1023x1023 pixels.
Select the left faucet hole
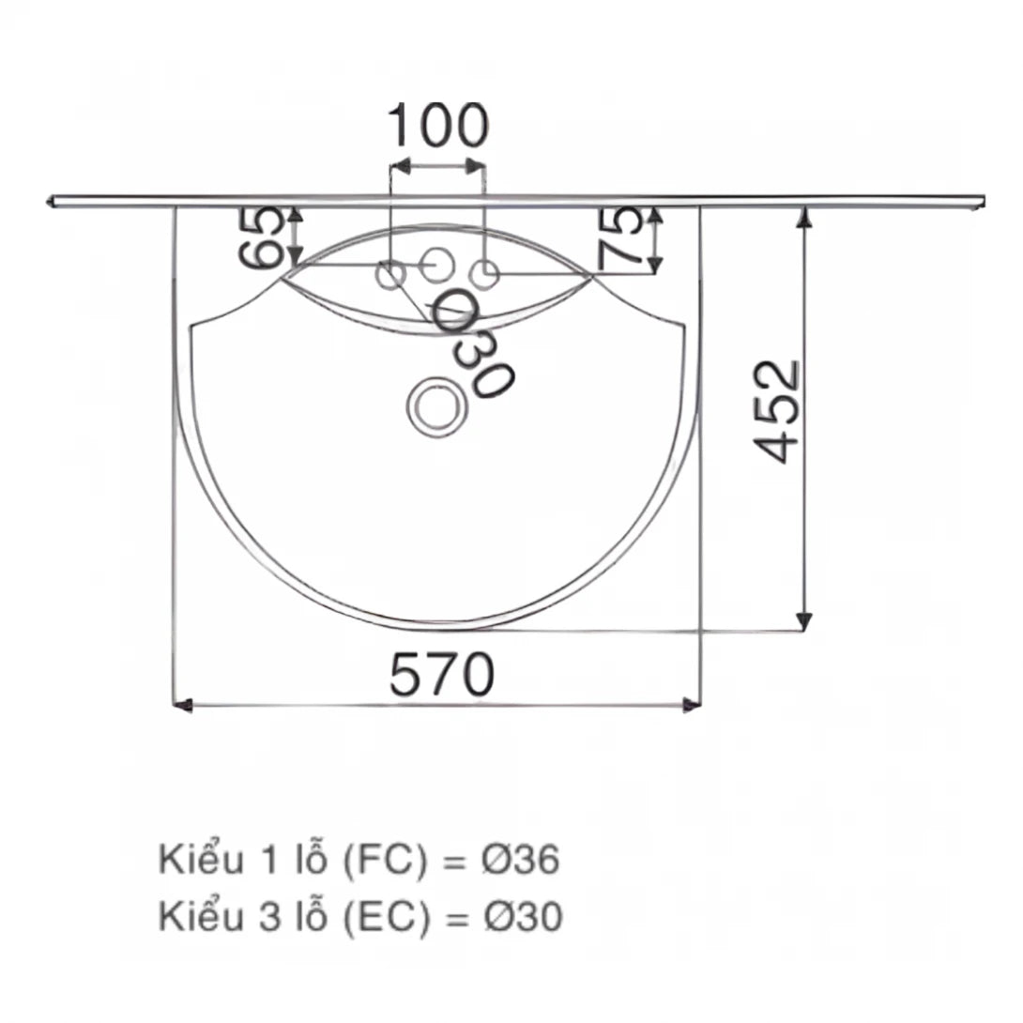(x=390, y=274)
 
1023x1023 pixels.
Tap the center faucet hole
(x=435, y=264)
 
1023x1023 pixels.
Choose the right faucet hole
(x=484, y=274)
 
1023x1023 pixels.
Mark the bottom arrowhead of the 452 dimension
(x=803, y=621)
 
